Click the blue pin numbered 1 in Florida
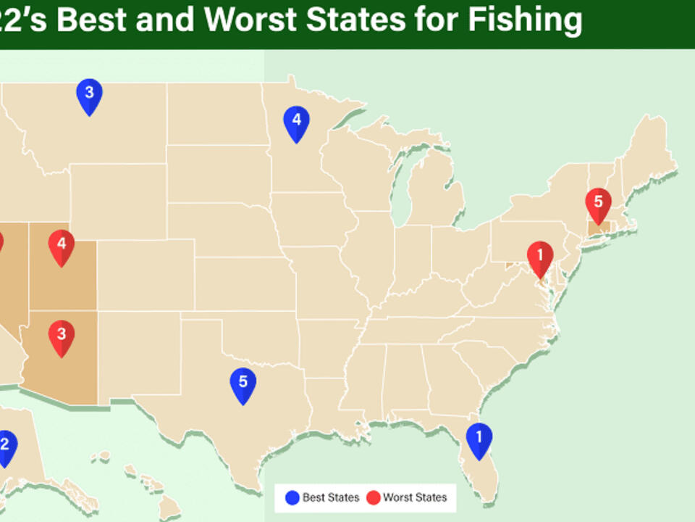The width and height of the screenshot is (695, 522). [479, 438]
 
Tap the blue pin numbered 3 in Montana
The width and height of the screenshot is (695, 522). [89, 94]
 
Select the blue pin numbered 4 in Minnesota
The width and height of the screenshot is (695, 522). [296, 122]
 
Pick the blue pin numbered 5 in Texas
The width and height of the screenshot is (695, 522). [243, 384]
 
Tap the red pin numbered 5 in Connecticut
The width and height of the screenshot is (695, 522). [598, 204]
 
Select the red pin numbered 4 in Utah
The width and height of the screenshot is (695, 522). [62, 246]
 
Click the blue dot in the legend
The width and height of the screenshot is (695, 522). [292, 497]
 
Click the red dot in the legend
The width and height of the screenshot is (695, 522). [373, 497]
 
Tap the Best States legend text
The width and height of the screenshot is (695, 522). [331, 497]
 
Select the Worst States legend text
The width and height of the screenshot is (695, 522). [415, 497]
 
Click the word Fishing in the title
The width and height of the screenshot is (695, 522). [525, 20]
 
